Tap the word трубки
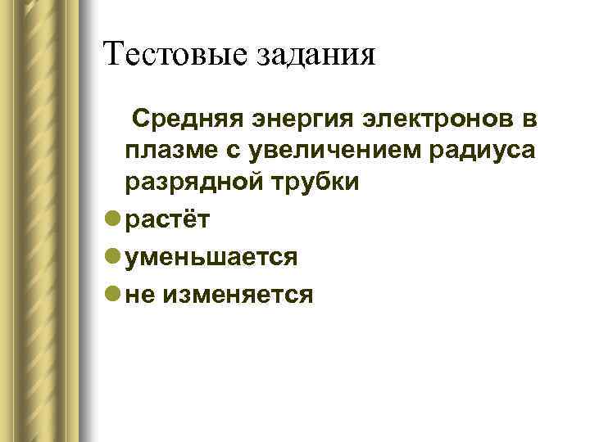coord(315,182)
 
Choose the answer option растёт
coord(168,220)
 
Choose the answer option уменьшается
coord(211,257)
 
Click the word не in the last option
coord(140,294)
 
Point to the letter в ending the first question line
coord(529,121)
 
